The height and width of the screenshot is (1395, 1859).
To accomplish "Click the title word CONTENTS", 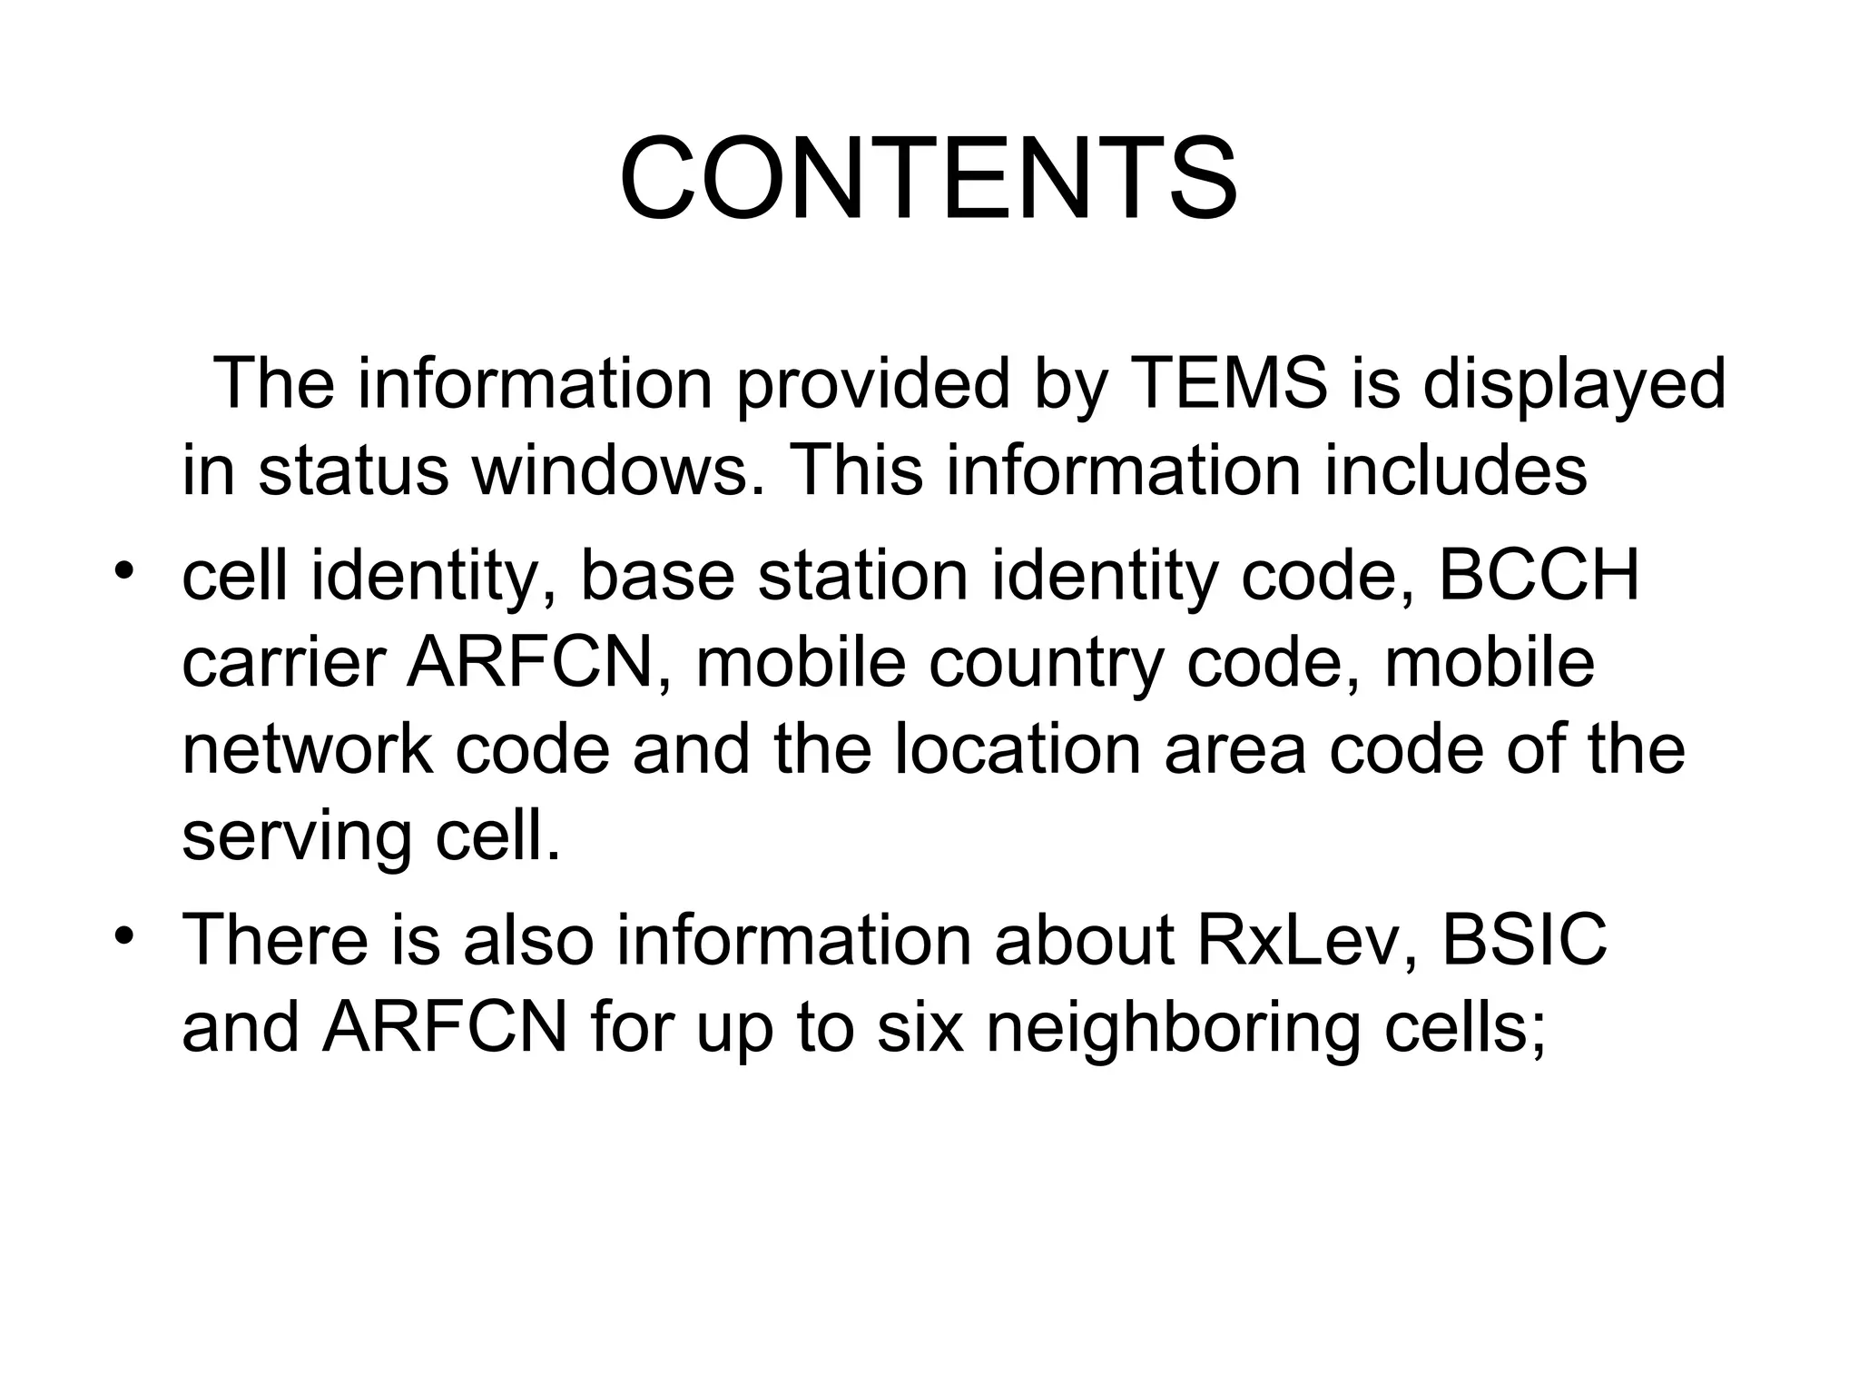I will tap(928, 179).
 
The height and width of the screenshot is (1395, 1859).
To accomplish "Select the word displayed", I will tap(1574, 384).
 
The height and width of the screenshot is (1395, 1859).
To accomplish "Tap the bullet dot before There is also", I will tap(124, 935).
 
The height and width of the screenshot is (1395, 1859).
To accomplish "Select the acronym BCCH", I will tap(1539, 576).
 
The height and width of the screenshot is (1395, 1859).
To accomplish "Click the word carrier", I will tap(283, 663).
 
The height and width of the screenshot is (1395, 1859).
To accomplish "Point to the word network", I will tap(307, 749).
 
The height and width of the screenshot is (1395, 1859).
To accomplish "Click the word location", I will tap(1018, 749).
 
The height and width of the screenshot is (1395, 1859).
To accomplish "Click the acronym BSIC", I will tap(1525, 940).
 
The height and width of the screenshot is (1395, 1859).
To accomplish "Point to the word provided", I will tap(872, 384).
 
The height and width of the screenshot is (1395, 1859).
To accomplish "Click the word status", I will tap(354, 471).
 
